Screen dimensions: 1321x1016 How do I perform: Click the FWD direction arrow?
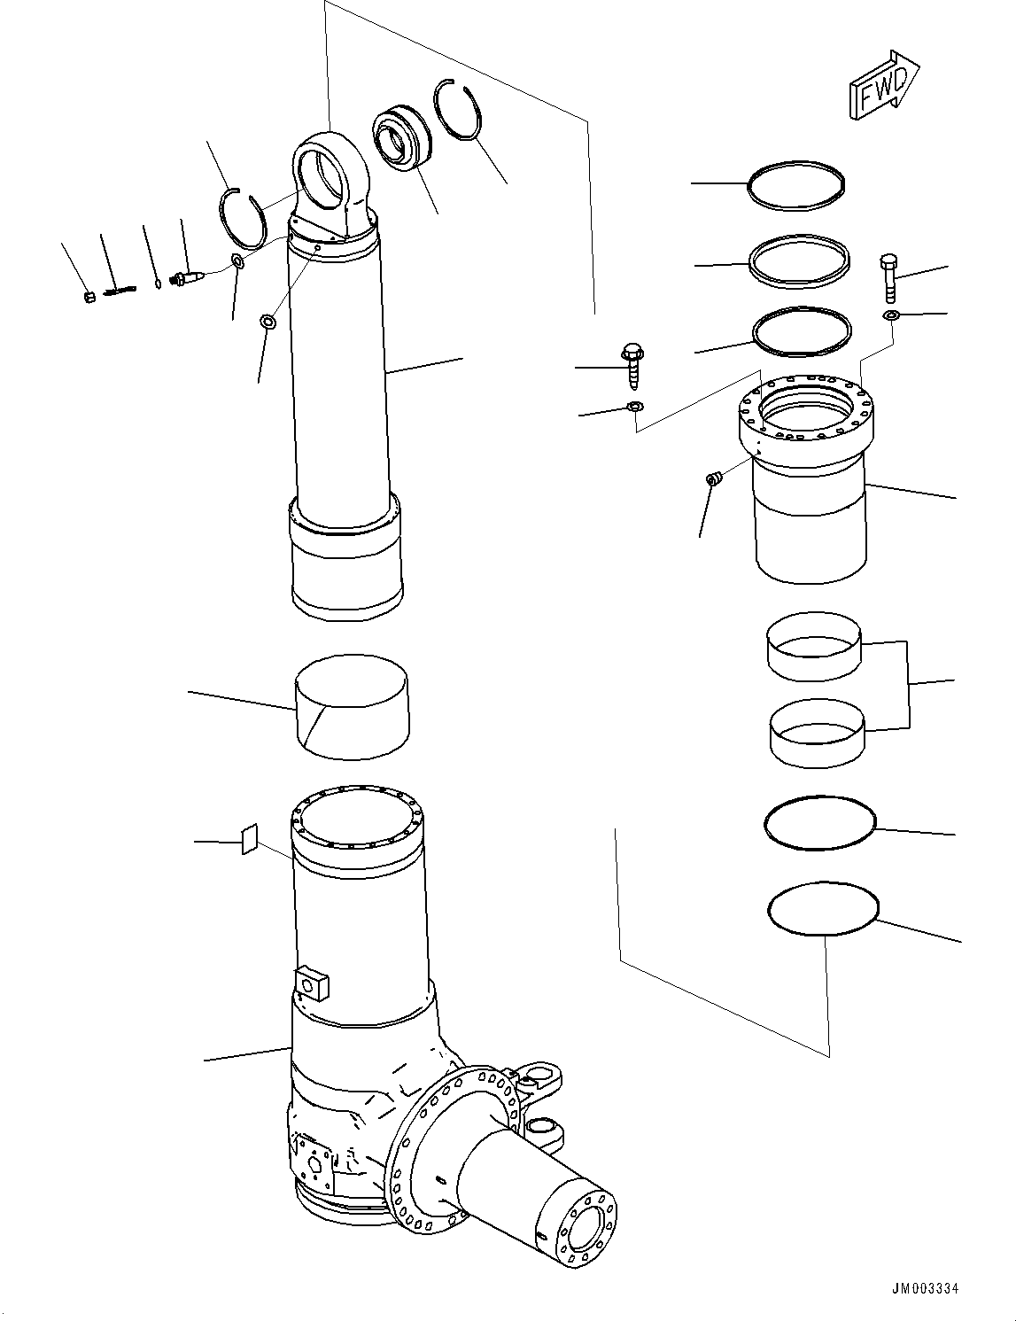click(x=883, y=85)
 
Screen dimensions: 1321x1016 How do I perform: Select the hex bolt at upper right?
click(x=890, y=278)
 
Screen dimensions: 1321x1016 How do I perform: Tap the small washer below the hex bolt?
click(x=890, y=315)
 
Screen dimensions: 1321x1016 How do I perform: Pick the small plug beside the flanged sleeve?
click(x=713, y=479)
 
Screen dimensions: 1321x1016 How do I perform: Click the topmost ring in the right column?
click(x=795, y=185)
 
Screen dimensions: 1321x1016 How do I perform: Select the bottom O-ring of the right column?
click(x=823, y=908)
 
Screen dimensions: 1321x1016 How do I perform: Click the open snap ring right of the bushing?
click(x=459, y=111)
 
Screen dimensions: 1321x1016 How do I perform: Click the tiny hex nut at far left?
click(x=89, y=297)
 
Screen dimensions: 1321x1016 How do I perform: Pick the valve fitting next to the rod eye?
click(x=190, y=279)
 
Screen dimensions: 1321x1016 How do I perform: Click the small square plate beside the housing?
click(x=249, y=839)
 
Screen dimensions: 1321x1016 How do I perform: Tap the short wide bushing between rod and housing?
click(x=351, y=707)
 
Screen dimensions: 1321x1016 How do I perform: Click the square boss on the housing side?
click(x=314, y=982)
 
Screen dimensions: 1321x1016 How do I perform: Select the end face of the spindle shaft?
click(x=582, y=1224)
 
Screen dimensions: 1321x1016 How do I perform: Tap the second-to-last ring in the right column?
click(x=819, y=822)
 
